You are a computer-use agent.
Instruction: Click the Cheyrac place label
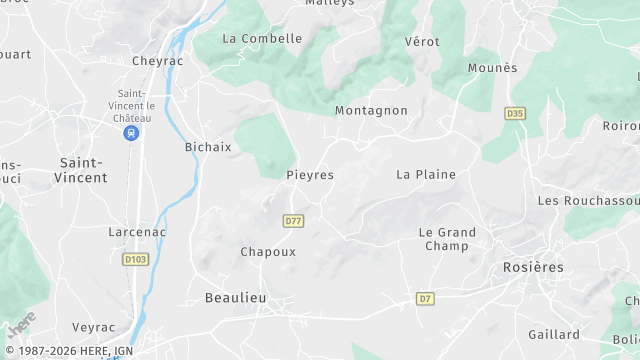(156, 60)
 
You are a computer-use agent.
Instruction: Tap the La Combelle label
(262, 39)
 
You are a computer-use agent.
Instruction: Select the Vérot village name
(422, 42)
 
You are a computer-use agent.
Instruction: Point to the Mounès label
(493, 68)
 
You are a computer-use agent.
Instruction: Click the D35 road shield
(515, 114)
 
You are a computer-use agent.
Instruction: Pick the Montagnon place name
(371, 111)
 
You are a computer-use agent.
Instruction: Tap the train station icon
(132, 132)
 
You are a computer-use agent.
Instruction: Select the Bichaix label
(208, 147)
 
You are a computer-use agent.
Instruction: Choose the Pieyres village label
(310, 175)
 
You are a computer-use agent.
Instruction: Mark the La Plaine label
(426, 175)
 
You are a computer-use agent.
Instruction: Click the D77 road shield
(293, 221)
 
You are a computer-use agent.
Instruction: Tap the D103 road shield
(135, 260)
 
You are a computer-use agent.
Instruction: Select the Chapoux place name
(268, 252)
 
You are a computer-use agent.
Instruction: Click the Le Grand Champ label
(447, 239)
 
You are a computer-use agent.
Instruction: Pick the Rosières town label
(532, 268)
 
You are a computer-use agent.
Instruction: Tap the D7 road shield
(426, 299)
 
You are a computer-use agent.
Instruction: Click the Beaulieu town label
(236, 298)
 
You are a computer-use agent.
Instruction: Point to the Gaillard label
(554, 335)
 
